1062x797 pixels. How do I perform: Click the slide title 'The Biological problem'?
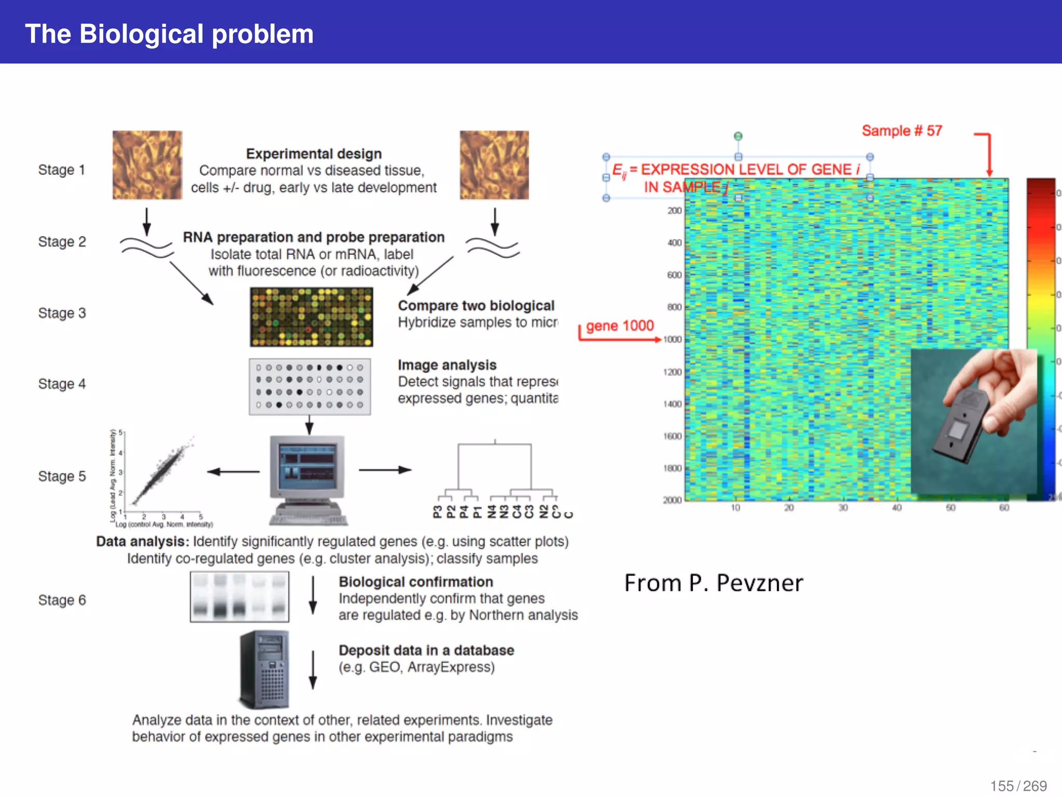click(169, 34)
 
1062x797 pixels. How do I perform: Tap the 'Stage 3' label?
click(62, 313)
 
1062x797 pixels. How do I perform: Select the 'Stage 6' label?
click(62, 600)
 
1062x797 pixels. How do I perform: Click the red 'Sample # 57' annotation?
click(901, 131)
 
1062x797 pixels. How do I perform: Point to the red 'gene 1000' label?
click(620, 326)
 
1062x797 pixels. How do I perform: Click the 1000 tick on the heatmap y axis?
click(672, 339)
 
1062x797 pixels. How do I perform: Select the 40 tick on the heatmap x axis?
click(897, 507)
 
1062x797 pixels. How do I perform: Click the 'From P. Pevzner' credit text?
click(714, 583)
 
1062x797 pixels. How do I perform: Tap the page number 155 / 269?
click(1018, 786)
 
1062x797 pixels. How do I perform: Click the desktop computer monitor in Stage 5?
click(307, 464)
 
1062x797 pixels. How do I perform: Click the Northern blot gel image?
click(240, 597)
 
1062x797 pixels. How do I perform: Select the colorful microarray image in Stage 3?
click(311, 317)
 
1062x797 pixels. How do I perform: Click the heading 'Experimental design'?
click(314, 154)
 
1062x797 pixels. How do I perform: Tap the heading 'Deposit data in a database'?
click(426, 650)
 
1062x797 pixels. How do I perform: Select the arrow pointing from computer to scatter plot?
click(233, 471)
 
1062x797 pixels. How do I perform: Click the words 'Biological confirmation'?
click(416, 582)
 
